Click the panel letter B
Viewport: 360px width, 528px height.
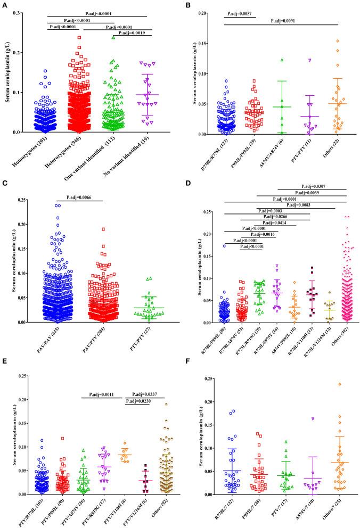189,6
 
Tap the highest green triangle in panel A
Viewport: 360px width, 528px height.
113,37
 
